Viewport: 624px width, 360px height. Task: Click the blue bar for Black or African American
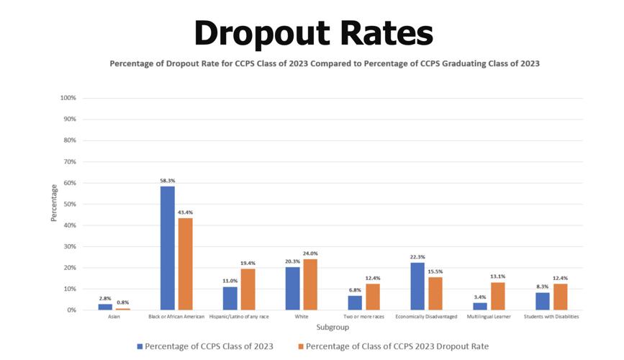[167, 248]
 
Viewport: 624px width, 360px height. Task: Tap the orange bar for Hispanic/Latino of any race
[248, 289]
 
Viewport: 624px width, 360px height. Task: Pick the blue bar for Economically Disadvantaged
[417, 286]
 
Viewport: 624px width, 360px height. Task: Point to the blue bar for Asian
[104, 307]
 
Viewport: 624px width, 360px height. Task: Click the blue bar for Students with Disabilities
[542, 301]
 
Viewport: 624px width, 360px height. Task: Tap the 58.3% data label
[167, 181]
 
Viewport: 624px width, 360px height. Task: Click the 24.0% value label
[310, 253]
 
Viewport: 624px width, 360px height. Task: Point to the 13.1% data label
[497, 276]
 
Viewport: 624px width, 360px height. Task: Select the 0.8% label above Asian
[123, 302]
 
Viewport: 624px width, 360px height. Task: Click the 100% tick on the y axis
[68, 98]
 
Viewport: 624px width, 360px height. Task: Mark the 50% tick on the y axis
[70, 204]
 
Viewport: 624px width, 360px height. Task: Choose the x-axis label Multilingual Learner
[489, 317]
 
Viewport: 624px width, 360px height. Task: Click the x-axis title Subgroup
[333, 328]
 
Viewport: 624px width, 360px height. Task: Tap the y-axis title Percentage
[54, 204]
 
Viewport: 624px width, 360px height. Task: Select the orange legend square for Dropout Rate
[300, 347]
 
